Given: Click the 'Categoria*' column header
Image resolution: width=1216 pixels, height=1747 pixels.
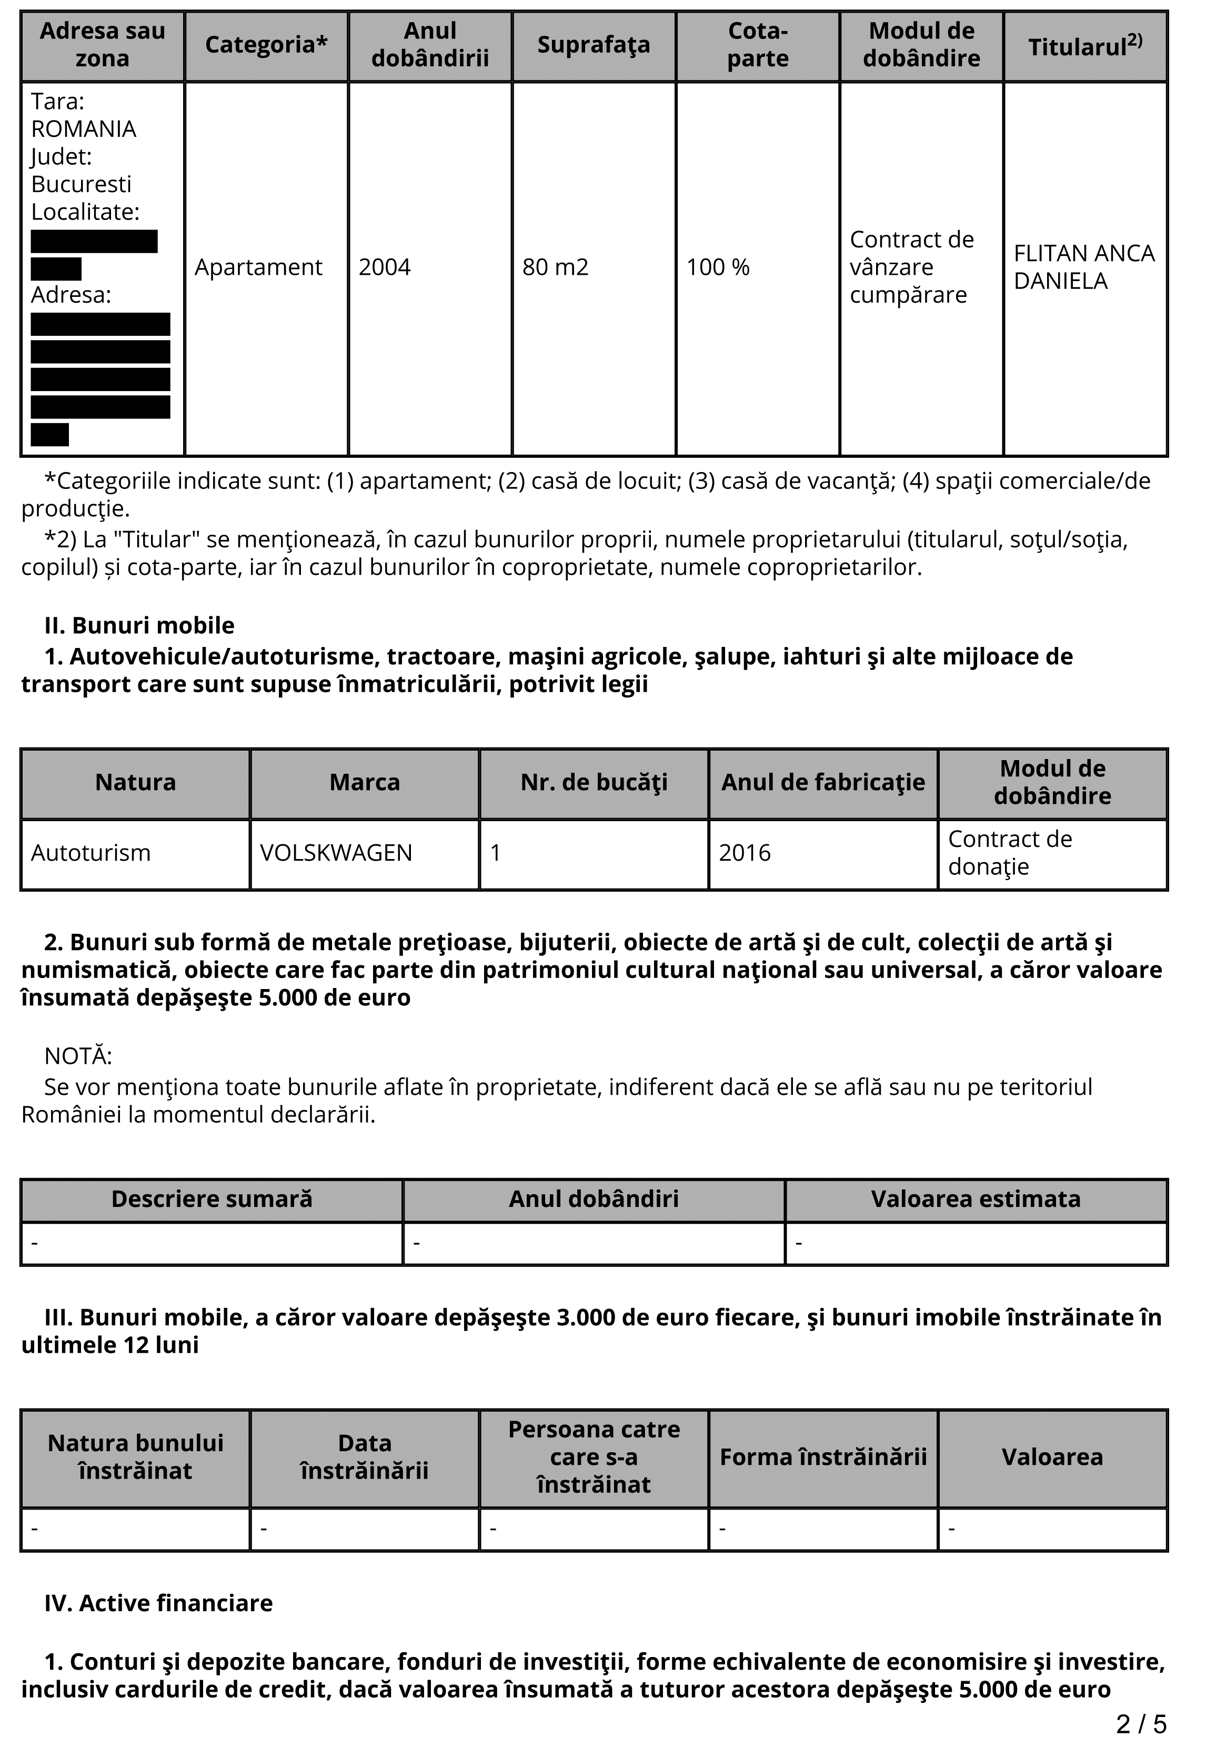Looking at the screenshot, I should (x=266, y=45).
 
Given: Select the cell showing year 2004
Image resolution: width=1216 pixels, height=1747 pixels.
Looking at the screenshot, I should (x=385, y=267).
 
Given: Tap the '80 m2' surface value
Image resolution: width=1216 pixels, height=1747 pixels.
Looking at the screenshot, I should (x=555, y=267).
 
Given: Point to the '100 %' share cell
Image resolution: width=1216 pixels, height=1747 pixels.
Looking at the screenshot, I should (x=718, y=267).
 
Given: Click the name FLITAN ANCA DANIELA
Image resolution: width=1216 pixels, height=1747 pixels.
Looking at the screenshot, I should (x=1084, y=267).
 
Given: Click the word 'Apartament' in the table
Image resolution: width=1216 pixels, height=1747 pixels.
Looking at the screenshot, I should (x=258, y=267).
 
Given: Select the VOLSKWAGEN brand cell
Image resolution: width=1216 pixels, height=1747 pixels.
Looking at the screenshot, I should (x=336, y=853).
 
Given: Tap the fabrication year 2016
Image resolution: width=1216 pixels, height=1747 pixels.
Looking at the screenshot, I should (x=745, y=853).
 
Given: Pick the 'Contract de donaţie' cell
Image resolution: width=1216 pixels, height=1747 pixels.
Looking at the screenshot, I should (x=1010, y=853).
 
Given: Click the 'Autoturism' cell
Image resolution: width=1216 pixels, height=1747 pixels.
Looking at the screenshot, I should (x=91, y=853).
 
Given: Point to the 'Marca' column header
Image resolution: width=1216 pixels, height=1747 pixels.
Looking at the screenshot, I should (x=364, y=782).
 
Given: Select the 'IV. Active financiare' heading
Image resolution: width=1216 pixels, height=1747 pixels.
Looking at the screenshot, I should (x=158, y=1603).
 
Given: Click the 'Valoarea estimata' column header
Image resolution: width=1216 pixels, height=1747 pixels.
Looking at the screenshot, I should (x=976, y=1199).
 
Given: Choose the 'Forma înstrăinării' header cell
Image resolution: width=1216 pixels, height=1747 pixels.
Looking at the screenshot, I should (x=823, y=1457).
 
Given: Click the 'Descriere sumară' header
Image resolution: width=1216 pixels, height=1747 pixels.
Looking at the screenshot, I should (x=212, y=1199).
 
